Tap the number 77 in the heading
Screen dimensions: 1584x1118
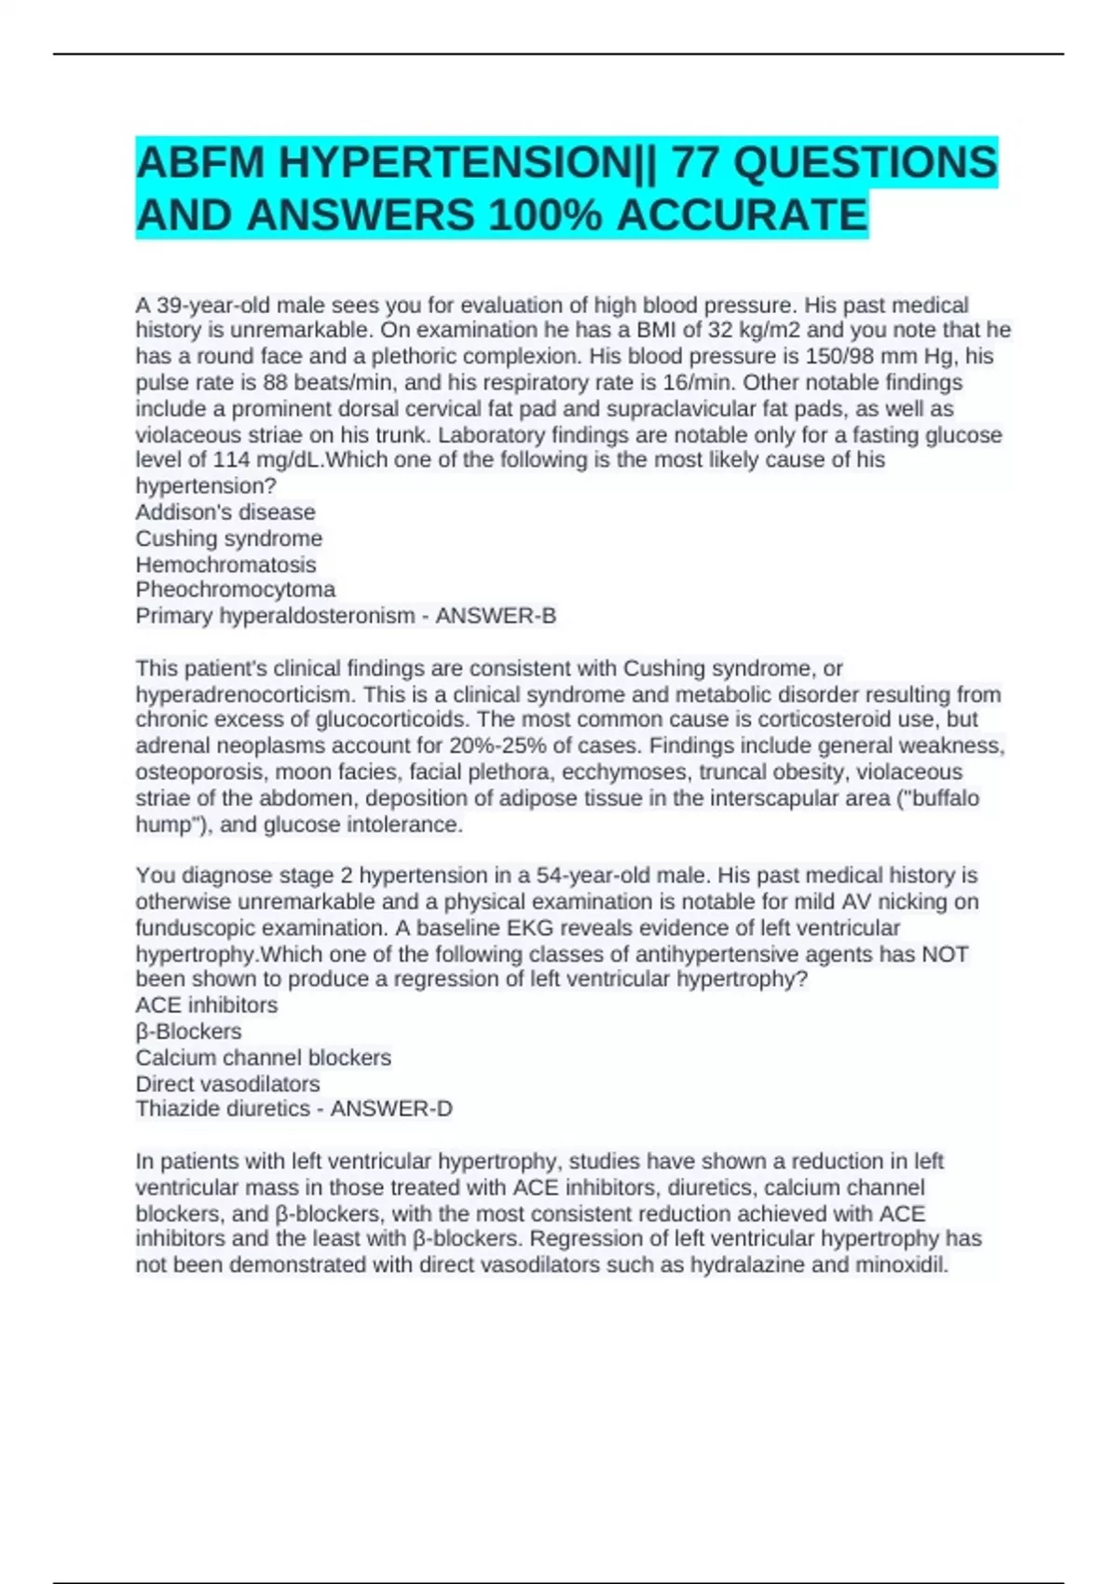(694, 163)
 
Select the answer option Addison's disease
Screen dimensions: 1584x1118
(225, 512)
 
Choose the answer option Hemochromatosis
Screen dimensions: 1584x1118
(225, 565)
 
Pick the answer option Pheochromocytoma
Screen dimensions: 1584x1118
(235, 590)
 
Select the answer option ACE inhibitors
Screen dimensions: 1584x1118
(206, 1005)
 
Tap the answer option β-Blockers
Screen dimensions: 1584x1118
(188, 1031)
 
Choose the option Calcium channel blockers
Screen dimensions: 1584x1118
(263, 1058)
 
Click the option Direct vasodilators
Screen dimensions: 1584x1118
(227, 1084)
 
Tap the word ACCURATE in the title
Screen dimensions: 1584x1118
(742, 215)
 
